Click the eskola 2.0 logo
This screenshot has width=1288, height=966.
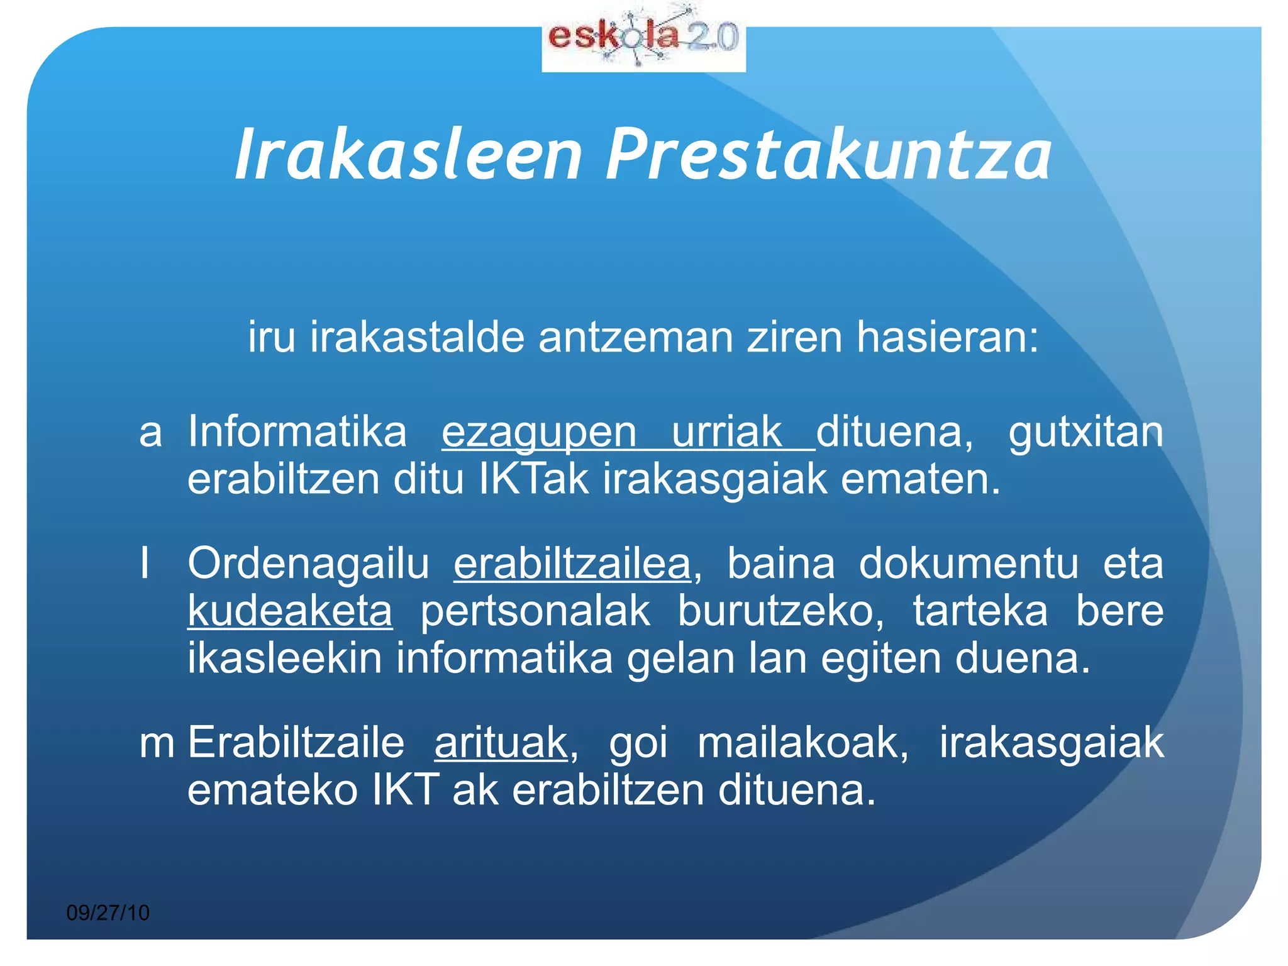[x=643, y=39]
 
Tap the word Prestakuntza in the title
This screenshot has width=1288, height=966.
[x=829, y=155]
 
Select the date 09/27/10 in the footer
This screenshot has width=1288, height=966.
[x=108, y=913]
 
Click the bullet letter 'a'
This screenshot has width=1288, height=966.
[x=151, y=433]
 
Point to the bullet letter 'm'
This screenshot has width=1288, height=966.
[x=157, y=743]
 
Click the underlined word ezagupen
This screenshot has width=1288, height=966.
[x=540, y=433]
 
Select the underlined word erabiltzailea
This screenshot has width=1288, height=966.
[x=572, y=563]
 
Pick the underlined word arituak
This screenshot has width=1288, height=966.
[x=501, y=743]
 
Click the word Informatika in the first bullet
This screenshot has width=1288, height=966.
[x=297, y=433]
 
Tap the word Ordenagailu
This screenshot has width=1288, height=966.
[x=308, y=563]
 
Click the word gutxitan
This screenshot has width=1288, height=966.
[x=1086, y=433]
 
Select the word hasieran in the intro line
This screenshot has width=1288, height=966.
[x=947, y=338]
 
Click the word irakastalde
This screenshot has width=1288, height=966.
[x=418, y=338]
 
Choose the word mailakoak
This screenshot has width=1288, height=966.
[x=803, y=743]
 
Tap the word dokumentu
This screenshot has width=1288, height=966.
[x=969, y=563]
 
